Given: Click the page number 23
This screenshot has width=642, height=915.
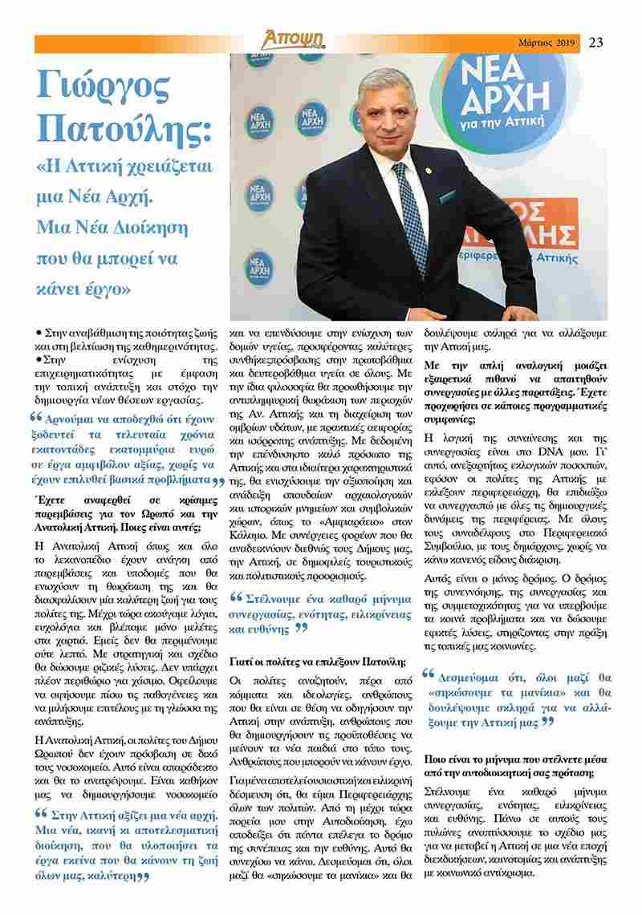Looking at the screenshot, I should click(x=595, y=43).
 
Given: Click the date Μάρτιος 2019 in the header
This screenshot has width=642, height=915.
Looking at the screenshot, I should click(x=547, y=43).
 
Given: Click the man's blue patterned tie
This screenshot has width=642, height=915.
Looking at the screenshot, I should click(x=408, y=209).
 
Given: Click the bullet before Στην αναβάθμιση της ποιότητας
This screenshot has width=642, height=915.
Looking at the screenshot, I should click(x=39, y=331).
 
